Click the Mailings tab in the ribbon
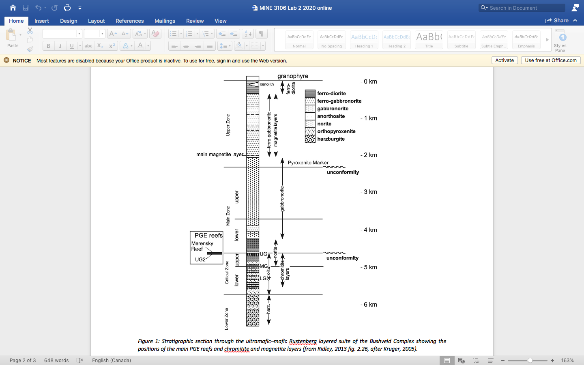(x=165, y=21)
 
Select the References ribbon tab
(x=129, y=21)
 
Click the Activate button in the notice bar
(x=505, y=60)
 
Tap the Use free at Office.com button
(x=550, y=60)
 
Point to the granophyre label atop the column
(x=292, y=76)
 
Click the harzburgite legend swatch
(x=310, y=139)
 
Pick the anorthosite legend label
(x=331, y=116)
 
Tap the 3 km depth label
(x=370, y=192)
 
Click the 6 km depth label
(x=370, y=305)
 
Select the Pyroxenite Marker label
(x=308, y=163)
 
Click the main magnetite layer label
(x=219, y=155)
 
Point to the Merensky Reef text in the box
(x=202, y=246)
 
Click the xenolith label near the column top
(x=266, y=84)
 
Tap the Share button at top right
(x=557, y=20)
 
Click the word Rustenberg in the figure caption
(x=303, y=341)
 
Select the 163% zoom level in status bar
(x=567, y=361)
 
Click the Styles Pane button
(x=560, y=41)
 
